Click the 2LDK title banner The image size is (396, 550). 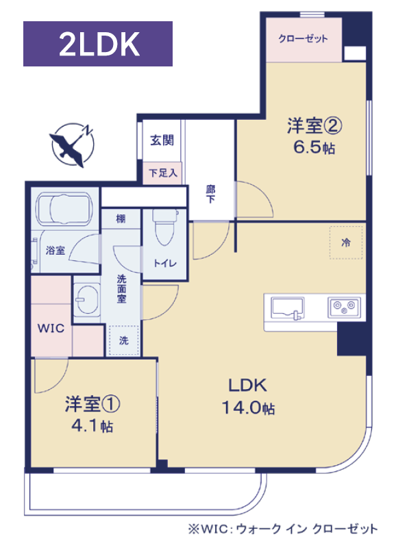[98, 44]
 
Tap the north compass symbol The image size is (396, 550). [73, 145]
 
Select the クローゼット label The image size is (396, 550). [303, 38]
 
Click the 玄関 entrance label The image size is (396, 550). [162, 140]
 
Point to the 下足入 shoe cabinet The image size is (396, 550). [162, 173]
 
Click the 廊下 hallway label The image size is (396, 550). [210, 194]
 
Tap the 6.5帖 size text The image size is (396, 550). [314, 148]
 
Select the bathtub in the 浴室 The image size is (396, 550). [65, 209]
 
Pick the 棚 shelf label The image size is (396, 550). [121, 219]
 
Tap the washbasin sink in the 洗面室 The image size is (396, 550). [86, 299]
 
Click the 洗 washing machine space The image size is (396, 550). [124, 340]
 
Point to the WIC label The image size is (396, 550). [51, 328]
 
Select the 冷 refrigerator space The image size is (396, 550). [346, 242]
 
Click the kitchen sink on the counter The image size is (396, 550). [288, 308]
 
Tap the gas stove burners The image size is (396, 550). [344, 308]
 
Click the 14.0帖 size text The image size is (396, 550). [248, 408]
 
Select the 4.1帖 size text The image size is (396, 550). [92, 426]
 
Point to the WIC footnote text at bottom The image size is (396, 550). [283, 529]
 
